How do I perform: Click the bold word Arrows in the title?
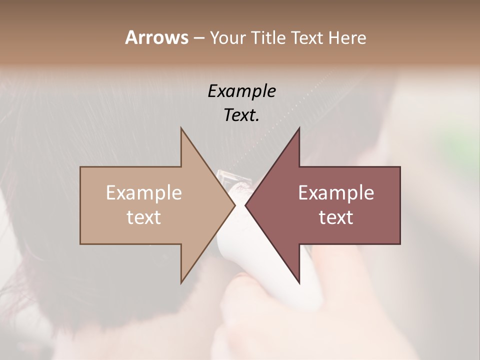(156, 37)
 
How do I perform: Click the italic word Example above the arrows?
(241, 91)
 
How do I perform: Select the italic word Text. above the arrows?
(241, 115)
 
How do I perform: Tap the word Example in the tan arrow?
(144, 193)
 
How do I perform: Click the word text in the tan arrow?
(144, 217)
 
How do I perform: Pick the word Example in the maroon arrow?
(336, 193)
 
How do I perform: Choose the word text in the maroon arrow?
(336, 217)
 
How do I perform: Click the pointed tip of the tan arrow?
(235, 205)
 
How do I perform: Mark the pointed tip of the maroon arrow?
(245, 205)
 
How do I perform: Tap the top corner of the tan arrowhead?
(181, 128)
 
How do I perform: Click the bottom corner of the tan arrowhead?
(181, 282)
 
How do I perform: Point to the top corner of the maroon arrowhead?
(299, 128)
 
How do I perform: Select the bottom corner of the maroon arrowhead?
(299, 282)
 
